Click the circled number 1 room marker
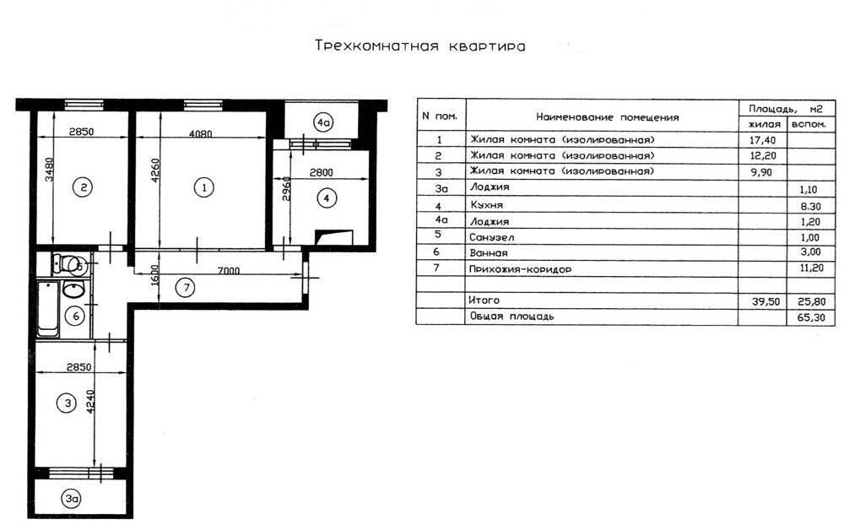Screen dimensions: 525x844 [203, 187]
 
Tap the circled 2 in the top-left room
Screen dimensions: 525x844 [81, 187]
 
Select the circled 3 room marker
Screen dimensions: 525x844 [67, 403]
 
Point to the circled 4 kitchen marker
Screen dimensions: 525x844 [326, 199]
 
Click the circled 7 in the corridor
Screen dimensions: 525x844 [188, 287]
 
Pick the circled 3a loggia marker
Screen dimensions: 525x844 [72, 499]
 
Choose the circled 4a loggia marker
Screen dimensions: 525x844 [322, 122]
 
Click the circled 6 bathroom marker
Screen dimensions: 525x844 [75, 317]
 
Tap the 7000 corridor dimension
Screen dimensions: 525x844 [228, 271]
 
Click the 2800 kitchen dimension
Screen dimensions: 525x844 [321, 172]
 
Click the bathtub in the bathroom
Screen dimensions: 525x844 [47, 310]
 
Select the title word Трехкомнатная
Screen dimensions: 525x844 [376, 46]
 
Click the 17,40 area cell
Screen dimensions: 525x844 [754, 140]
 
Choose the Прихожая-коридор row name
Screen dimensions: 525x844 [520, 268]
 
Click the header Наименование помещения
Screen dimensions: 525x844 [606, 117]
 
